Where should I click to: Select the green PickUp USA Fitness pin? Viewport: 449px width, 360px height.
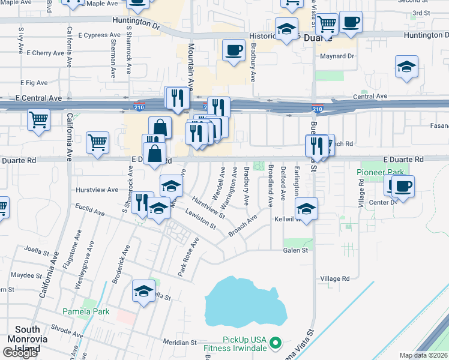pos(276,343)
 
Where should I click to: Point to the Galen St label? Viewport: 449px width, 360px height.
pos(295,250)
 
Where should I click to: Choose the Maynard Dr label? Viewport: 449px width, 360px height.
pos(338,57)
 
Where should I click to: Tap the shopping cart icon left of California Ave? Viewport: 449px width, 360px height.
pos(38,119)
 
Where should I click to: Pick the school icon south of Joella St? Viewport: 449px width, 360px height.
pos(143,292)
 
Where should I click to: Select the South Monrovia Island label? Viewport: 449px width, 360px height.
pos(27,339)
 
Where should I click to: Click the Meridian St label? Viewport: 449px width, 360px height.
pos(180,342)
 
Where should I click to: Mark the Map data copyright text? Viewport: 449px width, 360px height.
pos(423,355)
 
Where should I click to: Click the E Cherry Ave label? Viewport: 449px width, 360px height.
pos(45,53)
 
